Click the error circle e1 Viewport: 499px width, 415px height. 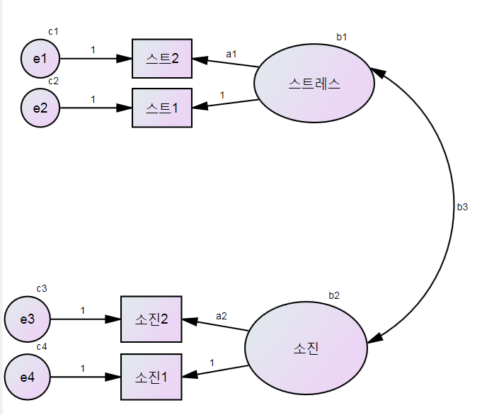coord(40,58)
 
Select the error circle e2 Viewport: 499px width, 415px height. coord(40,108)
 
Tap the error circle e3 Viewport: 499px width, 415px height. coord(28,319)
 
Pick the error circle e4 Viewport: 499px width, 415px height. coord(28,377)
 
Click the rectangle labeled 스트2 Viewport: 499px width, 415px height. coord(162,59)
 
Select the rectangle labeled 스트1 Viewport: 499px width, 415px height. coord(162,108)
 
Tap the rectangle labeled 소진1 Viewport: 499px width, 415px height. coord(151,377)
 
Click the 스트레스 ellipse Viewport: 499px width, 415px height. coord(314,84)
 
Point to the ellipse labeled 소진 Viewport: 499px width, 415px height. coord(306,348)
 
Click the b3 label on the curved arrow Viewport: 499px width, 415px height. coord(462,207)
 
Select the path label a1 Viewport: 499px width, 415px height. coord(231,54)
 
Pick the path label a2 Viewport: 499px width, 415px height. coord(222,316)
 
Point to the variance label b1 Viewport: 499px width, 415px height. coord(342,36)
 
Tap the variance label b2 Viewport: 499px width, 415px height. coord(334,295)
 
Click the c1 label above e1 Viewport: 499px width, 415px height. coord(53,31)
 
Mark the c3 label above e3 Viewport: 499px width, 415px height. coord(42,288)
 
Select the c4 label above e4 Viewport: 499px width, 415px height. coord(42,346)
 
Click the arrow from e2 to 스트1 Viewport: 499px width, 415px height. coord(96,108)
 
